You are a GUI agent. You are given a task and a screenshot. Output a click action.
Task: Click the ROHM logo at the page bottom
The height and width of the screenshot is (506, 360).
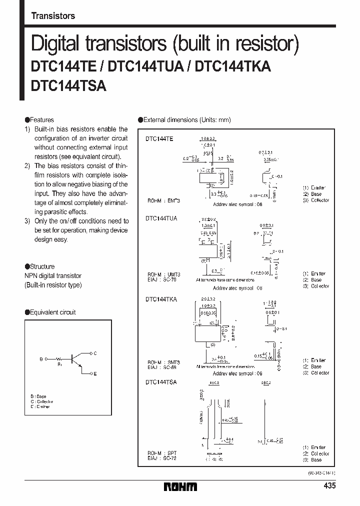180,486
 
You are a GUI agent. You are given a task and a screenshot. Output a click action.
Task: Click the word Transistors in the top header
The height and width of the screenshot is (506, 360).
53,15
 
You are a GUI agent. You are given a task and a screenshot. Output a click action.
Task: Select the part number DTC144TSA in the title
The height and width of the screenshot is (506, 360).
68,85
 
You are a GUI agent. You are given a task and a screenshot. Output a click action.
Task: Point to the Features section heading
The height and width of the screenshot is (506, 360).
39,120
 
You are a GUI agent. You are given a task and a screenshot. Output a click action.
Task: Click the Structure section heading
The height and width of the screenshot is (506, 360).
40,266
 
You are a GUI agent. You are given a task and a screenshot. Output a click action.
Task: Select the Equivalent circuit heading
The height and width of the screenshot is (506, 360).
50,312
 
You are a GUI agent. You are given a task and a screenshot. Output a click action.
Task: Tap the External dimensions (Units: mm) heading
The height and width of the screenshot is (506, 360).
184,120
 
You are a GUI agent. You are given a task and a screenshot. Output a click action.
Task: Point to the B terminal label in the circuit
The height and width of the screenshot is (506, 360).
41,359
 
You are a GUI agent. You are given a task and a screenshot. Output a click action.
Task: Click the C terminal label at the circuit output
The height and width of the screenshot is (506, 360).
95,353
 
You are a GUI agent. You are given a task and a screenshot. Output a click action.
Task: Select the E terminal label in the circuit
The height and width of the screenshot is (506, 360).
95,373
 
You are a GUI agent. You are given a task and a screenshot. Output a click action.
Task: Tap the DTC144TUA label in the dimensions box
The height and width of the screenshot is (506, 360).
161,218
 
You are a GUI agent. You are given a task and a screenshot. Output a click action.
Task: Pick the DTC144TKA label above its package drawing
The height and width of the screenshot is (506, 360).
161,299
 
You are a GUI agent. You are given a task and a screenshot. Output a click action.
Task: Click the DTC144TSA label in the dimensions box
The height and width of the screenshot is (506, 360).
161,382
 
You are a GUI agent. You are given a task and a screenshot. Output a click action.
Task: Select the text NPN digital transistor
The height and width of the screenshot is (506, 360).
53,275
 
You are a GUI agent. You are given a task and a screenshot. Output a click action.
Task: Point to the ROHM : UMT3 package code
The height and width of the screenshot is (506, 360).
163,274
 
